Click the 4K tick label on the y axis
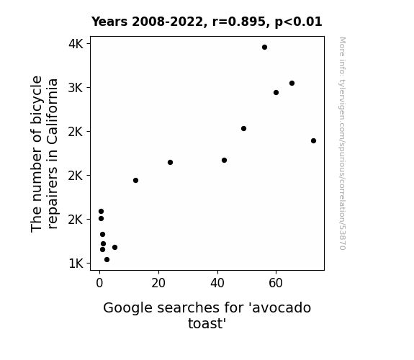(x=76, y=44)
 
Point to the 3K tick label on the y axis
(x=76, y=88)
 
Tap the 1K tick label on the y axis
(x=76, y=264)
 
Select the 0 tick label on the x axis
(x=99, y=283)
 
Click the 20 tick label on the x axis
(x=158, y=283)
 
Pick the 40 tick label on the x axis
(x=217, y=283)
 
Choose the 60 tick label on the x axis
(x=276, y=283)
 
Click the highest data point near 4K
(x=264, y=48)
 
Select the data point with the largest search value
(x=313, y=141)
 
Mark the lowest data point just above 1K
(x=107, y=260)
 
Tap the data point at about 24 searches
(x=171, y=163)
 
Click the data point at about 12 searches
(x=135, y=181)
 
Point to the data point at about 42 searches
(x=224, y=161)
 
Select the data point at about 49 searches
(x=243, y=129)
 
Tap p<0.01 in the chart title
(x=298, y=22)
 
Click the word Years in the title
(x=109, y=22)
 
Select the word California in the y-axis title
(x=53, y=112)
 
